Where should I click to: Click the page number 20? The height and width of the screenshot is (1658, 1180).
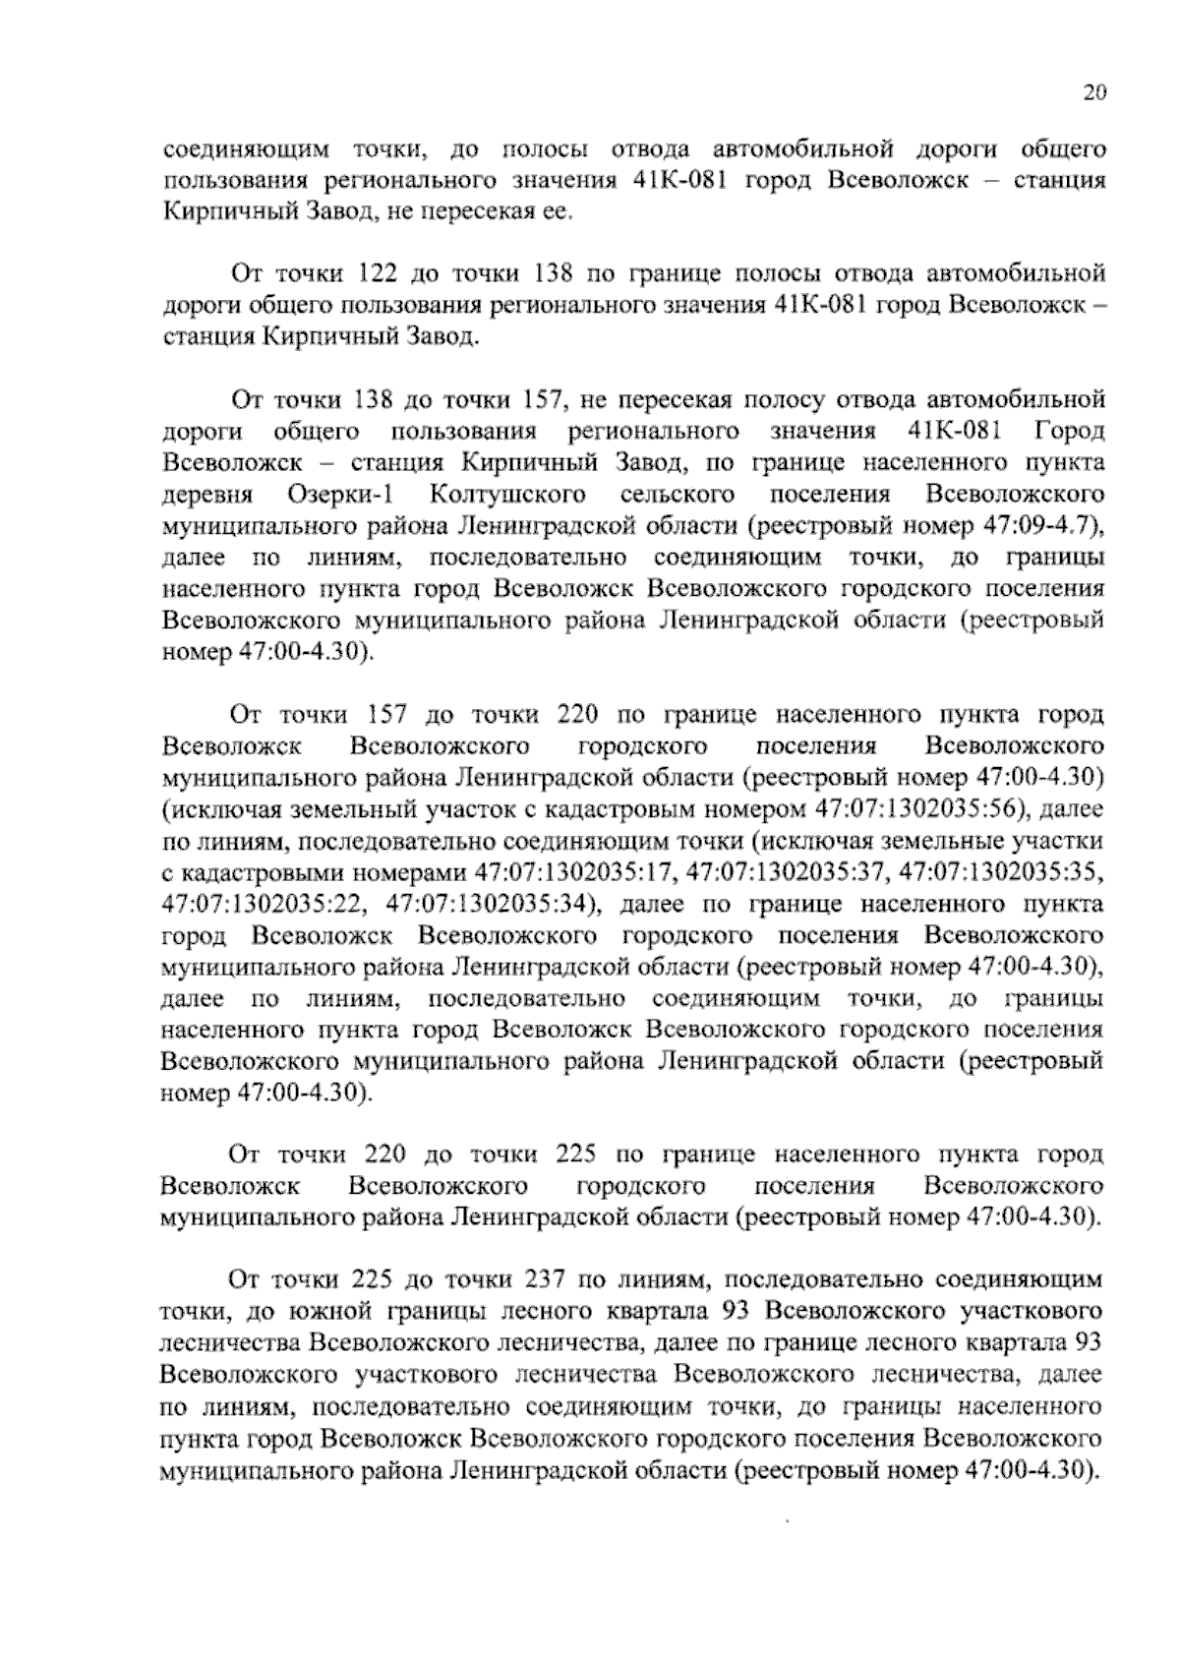(x=1094, y=93)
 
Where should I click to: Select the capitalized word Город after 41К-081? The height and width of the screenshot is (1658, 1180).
(x=1069, y=432)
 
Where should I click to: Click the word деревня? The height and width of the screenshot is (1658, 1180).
(x=208, y=495)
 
